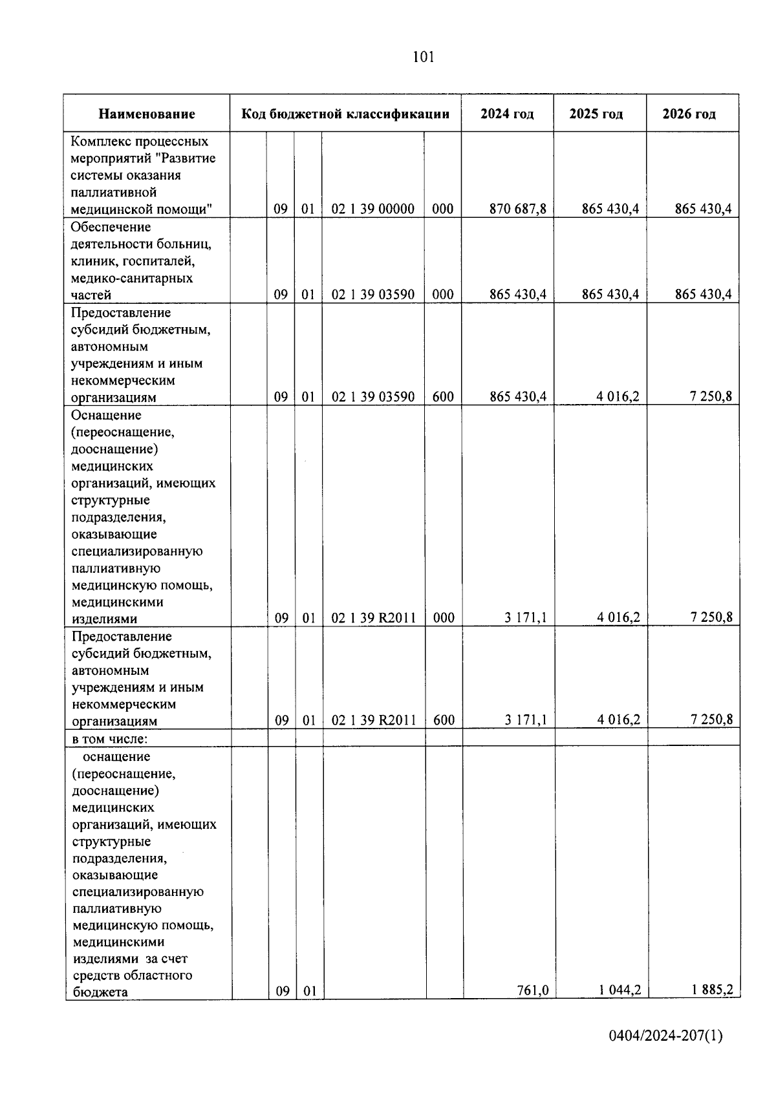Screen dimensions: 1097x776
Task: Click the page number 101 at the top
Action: tap(424, 58)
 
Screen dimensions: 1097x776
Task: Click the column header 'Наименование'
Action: tap(147, 114)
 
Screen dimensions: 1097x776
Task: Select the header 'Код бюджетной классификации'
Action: tap(345, 114)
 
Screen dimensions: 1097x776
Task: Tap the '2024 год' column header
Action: tap(507, 114)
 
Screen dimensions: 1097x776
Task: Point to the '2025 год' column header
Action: tap(596, 114)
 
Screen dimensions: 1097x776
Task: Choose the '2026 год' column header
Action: tap(689, 114)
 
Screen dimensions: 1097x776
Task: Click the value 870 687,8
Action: tap(518, 209)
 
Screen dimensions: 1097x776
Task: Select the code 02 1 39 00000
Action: tap(373, 209)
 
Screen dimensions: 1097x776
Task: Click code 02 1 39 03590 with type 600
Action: tap(373, 396)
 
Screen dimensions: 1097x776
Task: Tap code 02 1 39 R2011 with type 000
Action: tap(373, 617)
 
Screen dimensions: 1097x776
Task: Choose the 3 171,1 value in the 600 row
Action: tap(526, 719)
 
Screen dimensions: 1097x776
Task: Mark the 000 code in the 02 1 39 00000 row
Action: tap(443, 209)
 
